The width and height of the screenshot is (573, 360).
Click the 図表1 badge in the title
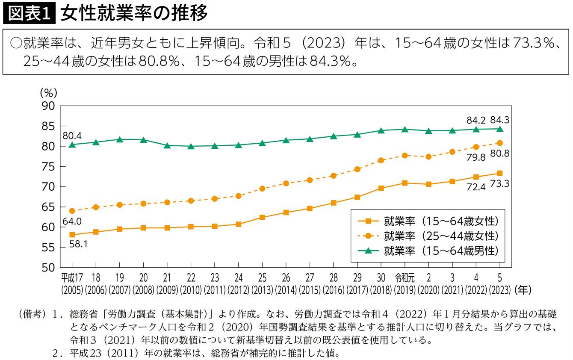[x=29, y=14]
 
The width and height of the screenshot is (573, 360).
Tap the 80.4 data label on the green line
[x=72, y=136]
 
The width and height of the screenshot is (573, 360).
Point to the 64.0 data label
[x=72, y=221]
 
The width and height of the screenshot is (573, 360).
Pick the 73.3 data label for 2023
[x=499, y=184]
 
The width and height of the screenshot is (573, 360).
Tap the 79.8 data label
[x=476, y=157]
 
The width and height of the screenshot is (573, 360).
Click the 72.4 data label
[x=476, y=187]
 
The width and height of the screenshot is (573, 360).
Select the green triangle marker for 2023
[x=499, y=128]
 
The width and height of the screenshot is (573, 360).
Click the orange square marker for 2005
[x=72, y=235]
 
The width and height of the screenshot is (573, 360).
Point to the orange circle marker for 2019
[x=405, y=155]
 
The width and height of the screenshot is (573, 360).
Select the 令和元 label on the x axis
[x=405, y=277]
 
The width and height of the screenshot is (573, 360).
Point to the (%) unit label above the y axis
[x=48, y=92]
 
